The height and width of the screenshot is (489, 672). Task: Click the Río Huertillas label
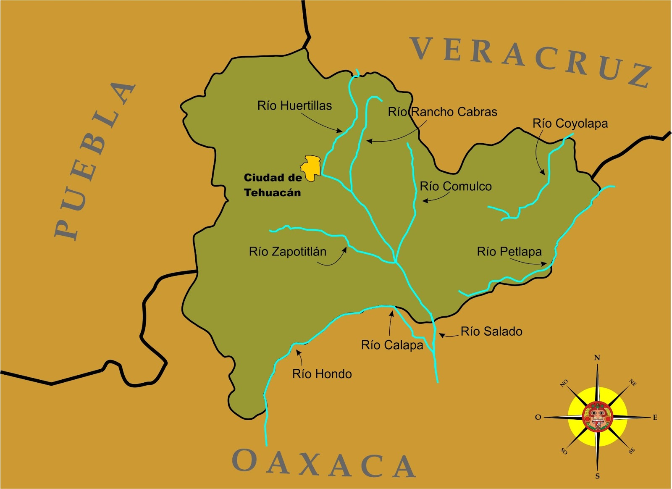pyautogui.click(x=294, y=105)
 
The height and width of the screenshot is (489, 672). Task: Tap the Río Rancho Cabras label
pyautogui.click(x=442, y=112)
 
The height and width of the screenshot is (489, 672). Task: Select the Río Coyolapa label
pyautogui.click(x=570, y=124)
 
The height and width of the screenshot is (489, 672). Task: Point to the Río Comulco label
pyautogui.click(x=456, y=186)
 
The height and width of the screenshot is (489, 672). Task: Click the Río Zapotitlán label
pyautogui.click(x=288, y=252)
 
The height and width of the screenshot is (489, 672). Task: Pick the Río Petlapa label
pyautogui.click(x=509, y=252)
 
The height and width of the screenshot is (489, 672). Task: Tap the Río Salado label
pyautogui.click(x=491, y=331)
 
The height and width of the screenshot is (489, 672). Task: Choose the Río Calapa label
pyautogui.click(x=392, y=345)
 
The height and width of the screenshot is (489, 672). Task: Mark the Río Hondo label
pyautogui.click(x=322, y=374)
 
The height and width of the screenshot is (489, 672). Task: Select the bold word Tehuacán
pyautogui.click(x=273, y=193)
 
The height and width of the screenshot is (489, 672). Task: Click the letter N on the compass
pyautogui.click(x=597, y=358)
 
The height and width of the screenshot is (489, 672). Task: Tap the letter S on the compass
pyautogui.click(x=597, y=476)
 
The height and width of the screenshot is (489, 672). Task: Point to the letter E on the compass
pyautogui.click(x=655, y=417)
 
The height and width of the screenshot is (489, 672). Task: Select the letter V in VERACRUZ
pyautogui.click(x=422, y=49)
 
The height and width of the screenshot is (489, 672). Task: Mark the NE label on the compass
pyautogui.click(x=633, y=383)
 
